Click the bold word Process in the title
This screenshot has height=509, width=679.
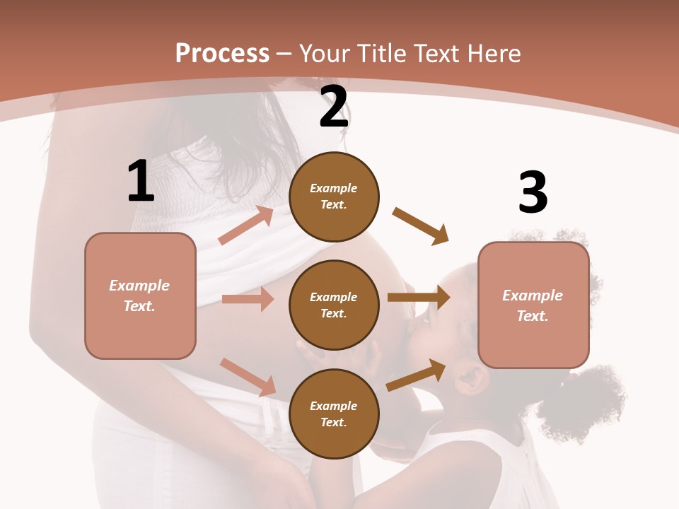(x=222, y=54)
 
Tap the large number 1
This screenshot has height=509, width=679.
(x=141, y=182)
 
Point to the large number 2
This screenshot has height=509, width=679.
(x=334, y=107)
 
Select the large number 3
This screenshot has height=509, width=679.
(x=533, y=193)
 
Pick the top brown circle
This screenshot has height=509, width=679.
(x=334, y=196)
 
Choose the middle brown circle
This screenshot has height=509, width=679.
(x=334, y=305)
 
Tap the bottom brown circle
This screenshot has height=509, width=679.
(x=334, y=414)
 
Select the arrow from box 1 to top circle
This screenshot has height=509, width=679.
(x=245, y=226)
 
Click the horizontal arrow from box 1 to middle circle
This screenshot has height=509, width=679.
(x=248, y=299)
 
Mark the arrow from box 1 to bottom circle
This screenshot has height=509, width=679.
(x=248, y=377)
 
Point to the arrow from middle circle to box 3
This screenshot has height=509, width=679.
(x=418, y=298)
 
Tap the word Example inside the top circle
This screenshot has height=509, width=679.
(x=334, y=189)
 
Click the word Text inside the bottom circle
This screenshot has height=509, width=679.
(x=332, y=422)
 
